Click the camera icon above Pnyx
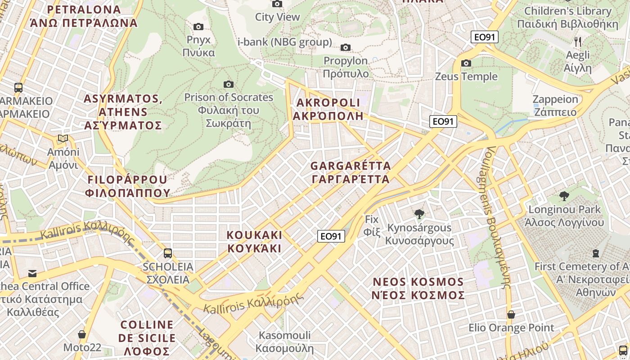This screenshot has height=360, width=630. click(198, 27)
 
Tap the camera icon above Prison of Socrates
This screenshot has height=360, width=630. click(229, 84)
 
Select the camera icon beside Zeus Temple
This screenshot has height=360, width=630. click(466, 63)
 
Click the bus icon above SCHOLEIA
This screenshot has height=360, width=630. click(168, 253)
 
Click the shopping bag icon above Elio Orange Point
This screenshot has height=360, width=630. click(511, 315)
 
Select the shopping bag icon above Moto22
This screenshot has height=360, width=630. click(82, 334)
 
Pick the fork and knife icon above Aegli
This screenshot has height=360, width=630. click(578, 42)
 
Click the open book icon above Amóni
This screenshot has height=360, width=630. click(63, 139)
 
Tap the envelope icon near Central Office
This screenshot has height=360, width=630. click(32, 273)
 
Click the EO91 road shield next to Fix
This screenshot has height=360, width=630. click(331, 236)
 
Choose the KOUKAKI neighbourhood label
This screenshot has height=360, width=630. click(254, 242)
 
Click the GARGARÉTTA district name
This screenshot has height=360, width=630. click(351, 172)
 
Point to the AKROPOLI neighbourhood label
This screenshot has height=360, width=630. click(328, 109)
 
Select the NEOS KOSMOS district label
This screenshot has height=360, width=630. click(418, 288)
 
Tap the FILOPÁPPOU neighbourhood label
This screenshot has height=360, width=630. click(128, 186)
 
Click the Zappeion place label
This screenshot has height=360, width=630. click(555, 105)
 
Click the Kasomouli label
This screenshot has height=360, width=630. click(284, 342)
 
